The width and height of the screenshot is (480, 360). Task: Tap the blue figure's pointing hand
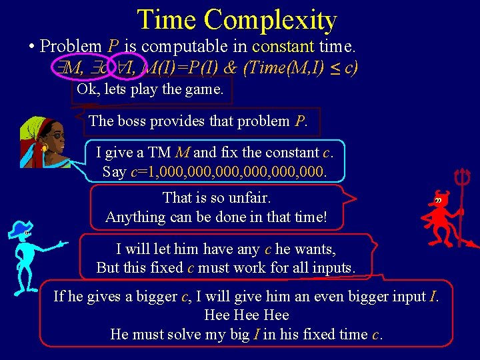pos(63,243)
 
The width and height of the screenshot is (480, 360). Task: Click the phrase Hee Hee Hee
pos(246,315)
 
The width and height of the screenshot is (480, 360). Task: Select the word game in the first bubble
pos(204,89)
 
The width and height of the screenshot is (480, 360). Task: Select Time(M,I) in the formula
pos(285,68)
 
